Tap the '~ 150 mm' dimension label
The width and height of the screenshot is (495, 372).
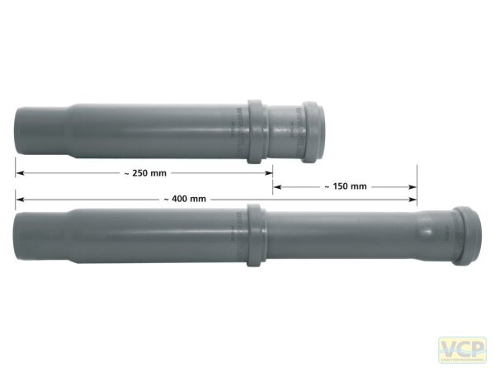(344, 186)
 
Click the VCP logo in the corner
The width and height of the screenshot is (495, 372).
(462, 349)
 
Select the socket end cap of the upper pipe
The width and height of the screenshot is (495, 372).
(313, 131)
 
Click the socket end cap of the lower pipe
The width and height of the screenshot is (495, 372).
(464, 236)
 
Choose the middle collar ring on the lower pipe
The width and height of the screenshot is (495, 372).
(255, 236)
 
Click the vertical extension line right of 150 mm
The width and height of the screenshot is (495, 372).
(417, 186)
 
